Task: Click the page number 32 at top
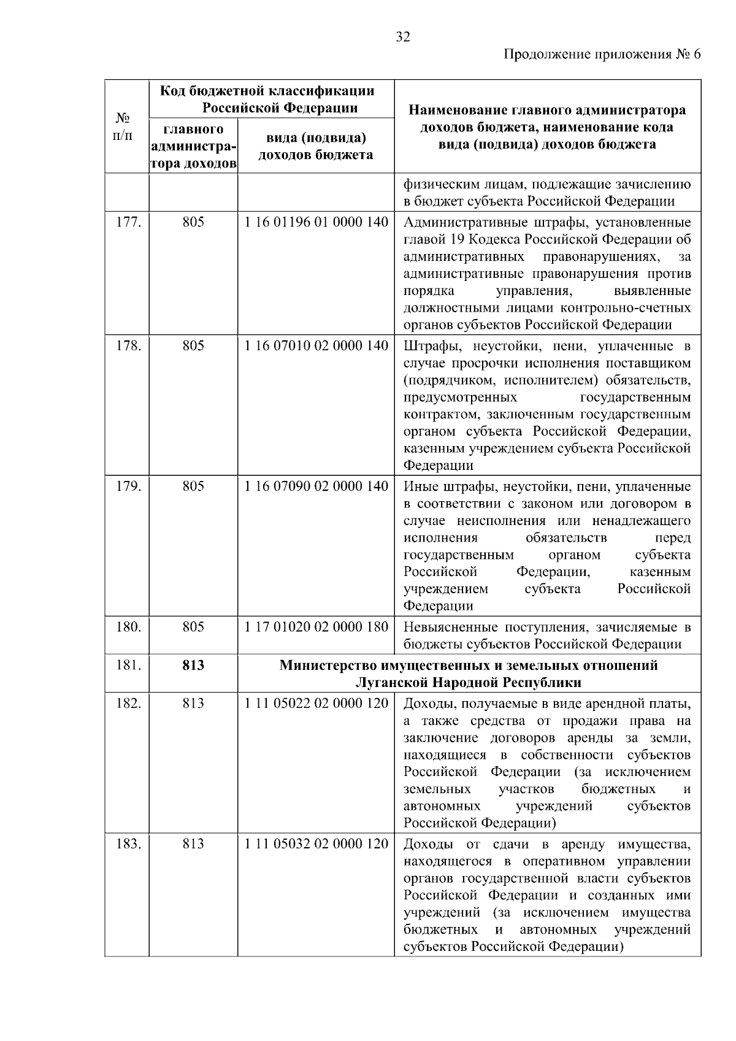(402, 37)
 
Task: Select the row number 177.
(129, 222)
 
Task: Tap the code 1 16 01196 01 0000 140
(316, 222)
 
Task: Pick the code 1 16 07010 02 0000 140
(316, 346)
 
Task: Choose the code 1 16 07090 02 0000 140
(316, 486)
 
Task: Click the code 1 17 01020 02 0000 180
(316, 627)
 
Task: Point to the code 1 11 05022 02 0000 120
(316, 704)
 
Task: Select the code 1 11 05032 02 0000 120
(316, 844)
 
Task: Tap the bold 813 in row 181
(193, 666)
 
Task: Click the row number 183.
(129, 844)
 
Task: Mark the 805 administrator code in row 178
(193, 346)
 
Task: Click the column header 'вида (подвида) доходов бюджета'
(315, 146)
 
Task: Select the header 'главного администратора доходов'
(193, 147)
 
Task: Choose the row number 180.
(129, 627)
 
